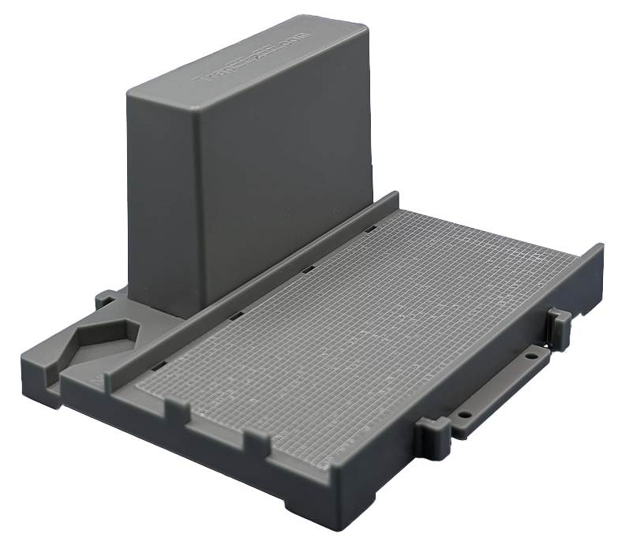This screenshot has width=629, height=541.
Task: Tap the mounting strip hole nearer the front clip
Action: [x=465, y=412]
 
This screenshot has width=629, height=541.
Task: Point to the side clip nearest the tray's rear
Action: [x=558, y=326]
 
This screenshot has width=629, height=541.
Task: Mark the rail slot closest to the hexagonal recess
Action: [x=157, y=365]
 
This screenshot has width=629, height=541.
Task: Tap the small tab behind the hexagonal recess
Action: [x=106, y=300]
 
